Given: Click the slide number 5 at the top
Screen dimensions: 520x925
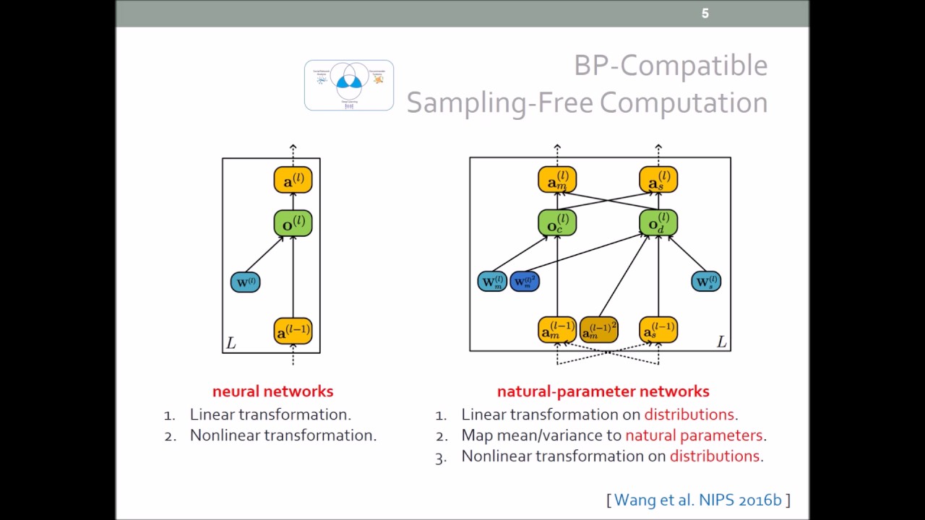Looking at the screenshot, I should pos(705,14).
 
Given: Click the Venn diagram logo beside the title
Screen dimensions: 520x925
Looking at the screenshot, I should pos(349,85).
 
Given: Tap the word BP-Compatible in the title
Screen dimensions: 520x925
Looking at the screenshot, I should pos(670,66).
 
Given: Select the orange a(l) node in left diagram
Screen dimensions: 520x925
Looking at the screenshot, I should pos(293,180).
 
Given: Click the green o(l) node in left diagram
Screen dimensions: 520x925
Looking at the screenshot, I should pos(293,223).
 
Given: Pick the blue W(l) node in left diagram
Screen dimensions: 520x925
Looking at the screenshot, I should pos(245,282).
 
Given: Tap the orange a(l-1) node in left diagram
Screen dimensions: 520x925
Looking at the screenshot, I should pos(293,331).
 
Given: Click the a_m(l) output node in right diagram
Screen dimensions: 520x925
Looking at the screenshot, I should pos(557,180).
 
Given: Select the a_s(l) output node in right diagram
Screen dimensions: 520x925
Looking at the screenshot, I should pos(658,180).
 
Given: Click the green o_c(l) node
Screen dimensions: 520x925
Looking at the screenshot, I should pos(557,223).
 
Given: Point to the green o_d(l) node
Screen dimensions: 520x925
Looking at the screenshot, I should pos(658,223).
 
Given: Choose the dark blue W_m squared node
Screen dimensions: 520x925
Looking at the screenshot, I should pos(525,281).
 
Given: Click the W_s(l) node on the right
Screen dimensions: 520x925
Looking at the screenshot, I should pos(705,281).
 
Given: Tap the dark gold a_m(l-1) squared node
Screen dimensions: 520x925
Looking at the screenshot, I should pos(598,330).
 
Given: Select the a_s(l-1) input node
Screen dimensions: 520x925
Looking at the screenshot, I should pos(658,330).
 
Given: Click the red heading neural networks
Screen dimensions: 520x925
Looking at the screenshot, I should pos(272,391).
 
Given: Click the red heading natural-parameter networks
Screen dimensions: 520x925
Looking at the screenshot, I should pos(603,391).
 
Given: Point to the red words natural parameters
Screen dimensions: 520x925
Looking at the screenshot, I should pos(694,435).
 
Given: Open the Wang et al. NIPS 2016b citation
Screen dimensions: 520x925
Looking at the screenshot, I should pos(698,500).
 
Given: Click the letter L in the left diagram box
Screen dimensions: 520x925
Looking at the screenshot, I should pos(231,343).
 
